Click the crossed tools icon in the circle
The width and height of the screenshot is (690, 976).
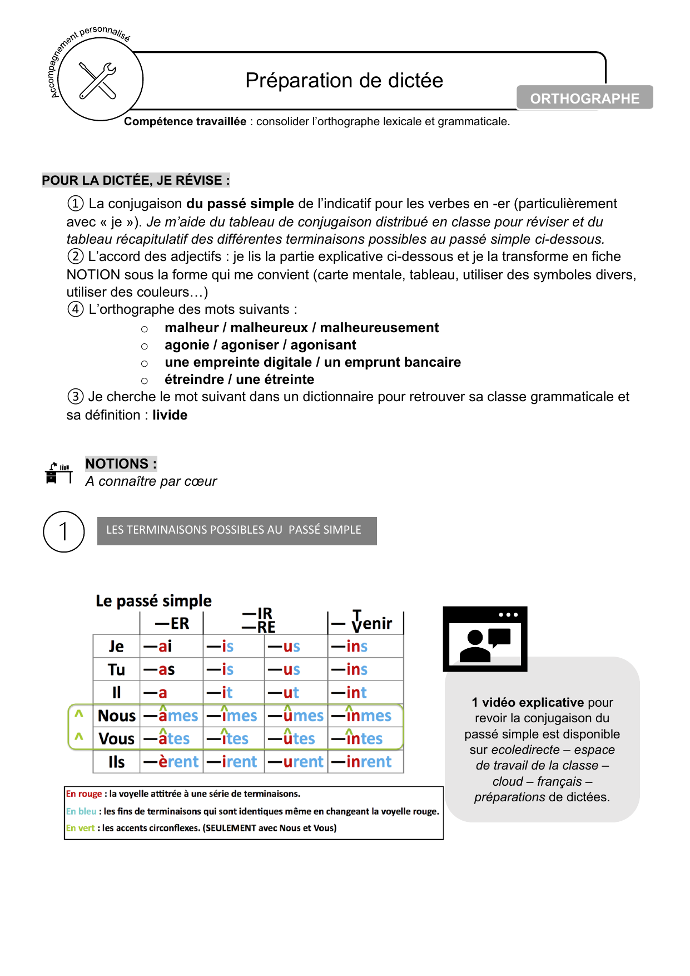point(98,80)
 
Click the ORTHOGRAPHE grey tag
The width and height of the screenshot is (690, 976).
point(584,98)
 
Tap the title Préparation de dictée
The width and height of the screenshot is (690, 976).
point(344,81)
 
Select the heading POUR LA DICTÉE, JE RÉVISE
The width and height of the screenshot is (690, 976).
point(136,180)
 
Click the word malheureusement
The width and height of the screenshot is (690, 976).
point(379,328)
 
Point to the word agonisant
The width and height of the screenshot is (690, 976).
point(323,345)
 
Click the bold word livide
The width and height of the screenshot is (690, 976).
point(170,415)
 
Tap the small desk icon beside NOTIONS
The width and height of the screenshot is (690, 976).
point(58,473)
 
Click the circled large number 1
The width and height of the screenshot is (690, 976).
point(64,531)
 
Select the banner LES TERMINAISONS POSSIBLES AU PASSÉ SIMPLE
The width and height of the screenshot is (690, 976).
point(237,530)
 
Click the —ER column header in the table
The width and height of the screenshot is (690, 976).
point(172,623)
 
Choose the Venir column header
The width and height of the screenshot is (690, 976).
point(365,623)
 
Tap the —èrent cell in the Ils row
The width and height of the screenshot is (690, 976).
point(171,762)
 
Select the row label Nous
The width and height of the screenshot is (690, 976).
point(117,716)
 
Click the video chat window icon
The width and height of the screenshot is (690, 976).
point(485,638)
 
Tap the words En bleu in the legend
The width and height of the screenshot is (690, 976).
point(81,811)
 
